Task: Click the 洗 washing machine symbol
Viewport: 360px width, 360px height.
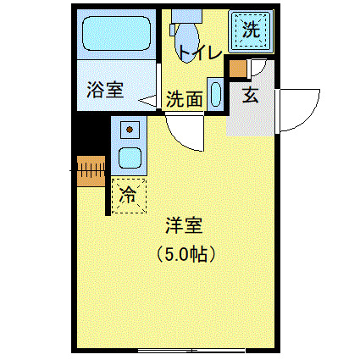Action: tap(251, 30)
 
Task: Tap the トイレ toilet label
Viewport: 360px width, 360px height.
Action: tap(200, 53)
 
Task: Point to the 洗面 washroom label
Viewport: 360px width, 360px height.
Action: tap(184, 99)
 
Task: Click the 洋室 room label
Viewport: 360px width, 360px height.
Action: tap(184, 225)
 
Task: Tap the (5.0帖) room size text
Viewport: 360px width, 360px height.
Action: tap(184, 252)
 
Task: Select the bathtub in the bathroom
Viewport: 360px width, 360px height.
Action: tap(116, 36)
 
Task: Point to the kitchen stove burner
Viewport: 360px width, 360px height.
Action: tap(130, 130)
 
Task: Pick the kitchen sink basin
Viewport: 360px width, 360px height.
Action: tap(130, 158)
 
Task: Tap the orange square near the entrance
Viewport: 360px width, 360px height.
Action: tap(239, 69)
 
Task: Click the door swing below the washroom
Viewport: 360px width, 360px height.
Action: tap(185, 131)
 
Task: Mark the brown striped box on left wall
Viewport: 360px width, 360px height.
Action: tap(90, 169)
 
